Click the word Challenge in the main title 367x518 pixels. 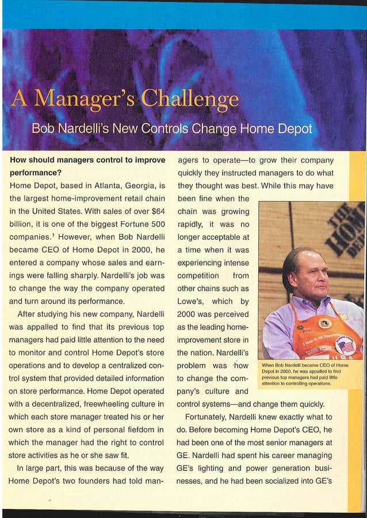[x=196, y=101]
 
